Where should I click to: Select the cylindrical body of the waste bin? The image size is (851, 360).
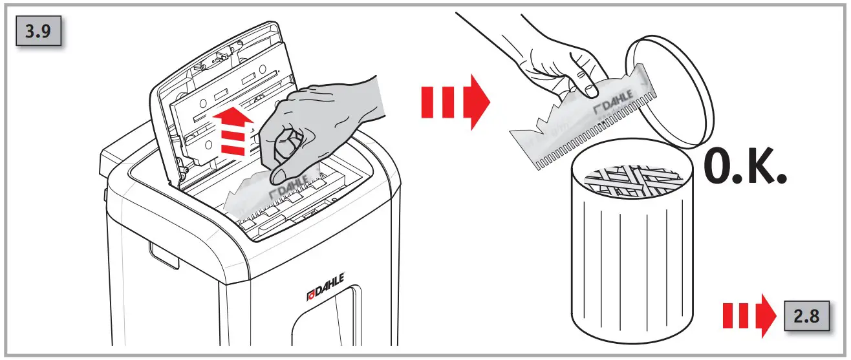[630, 259]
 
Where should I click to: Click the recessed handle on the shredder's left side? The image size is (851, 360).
[162, 256]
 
